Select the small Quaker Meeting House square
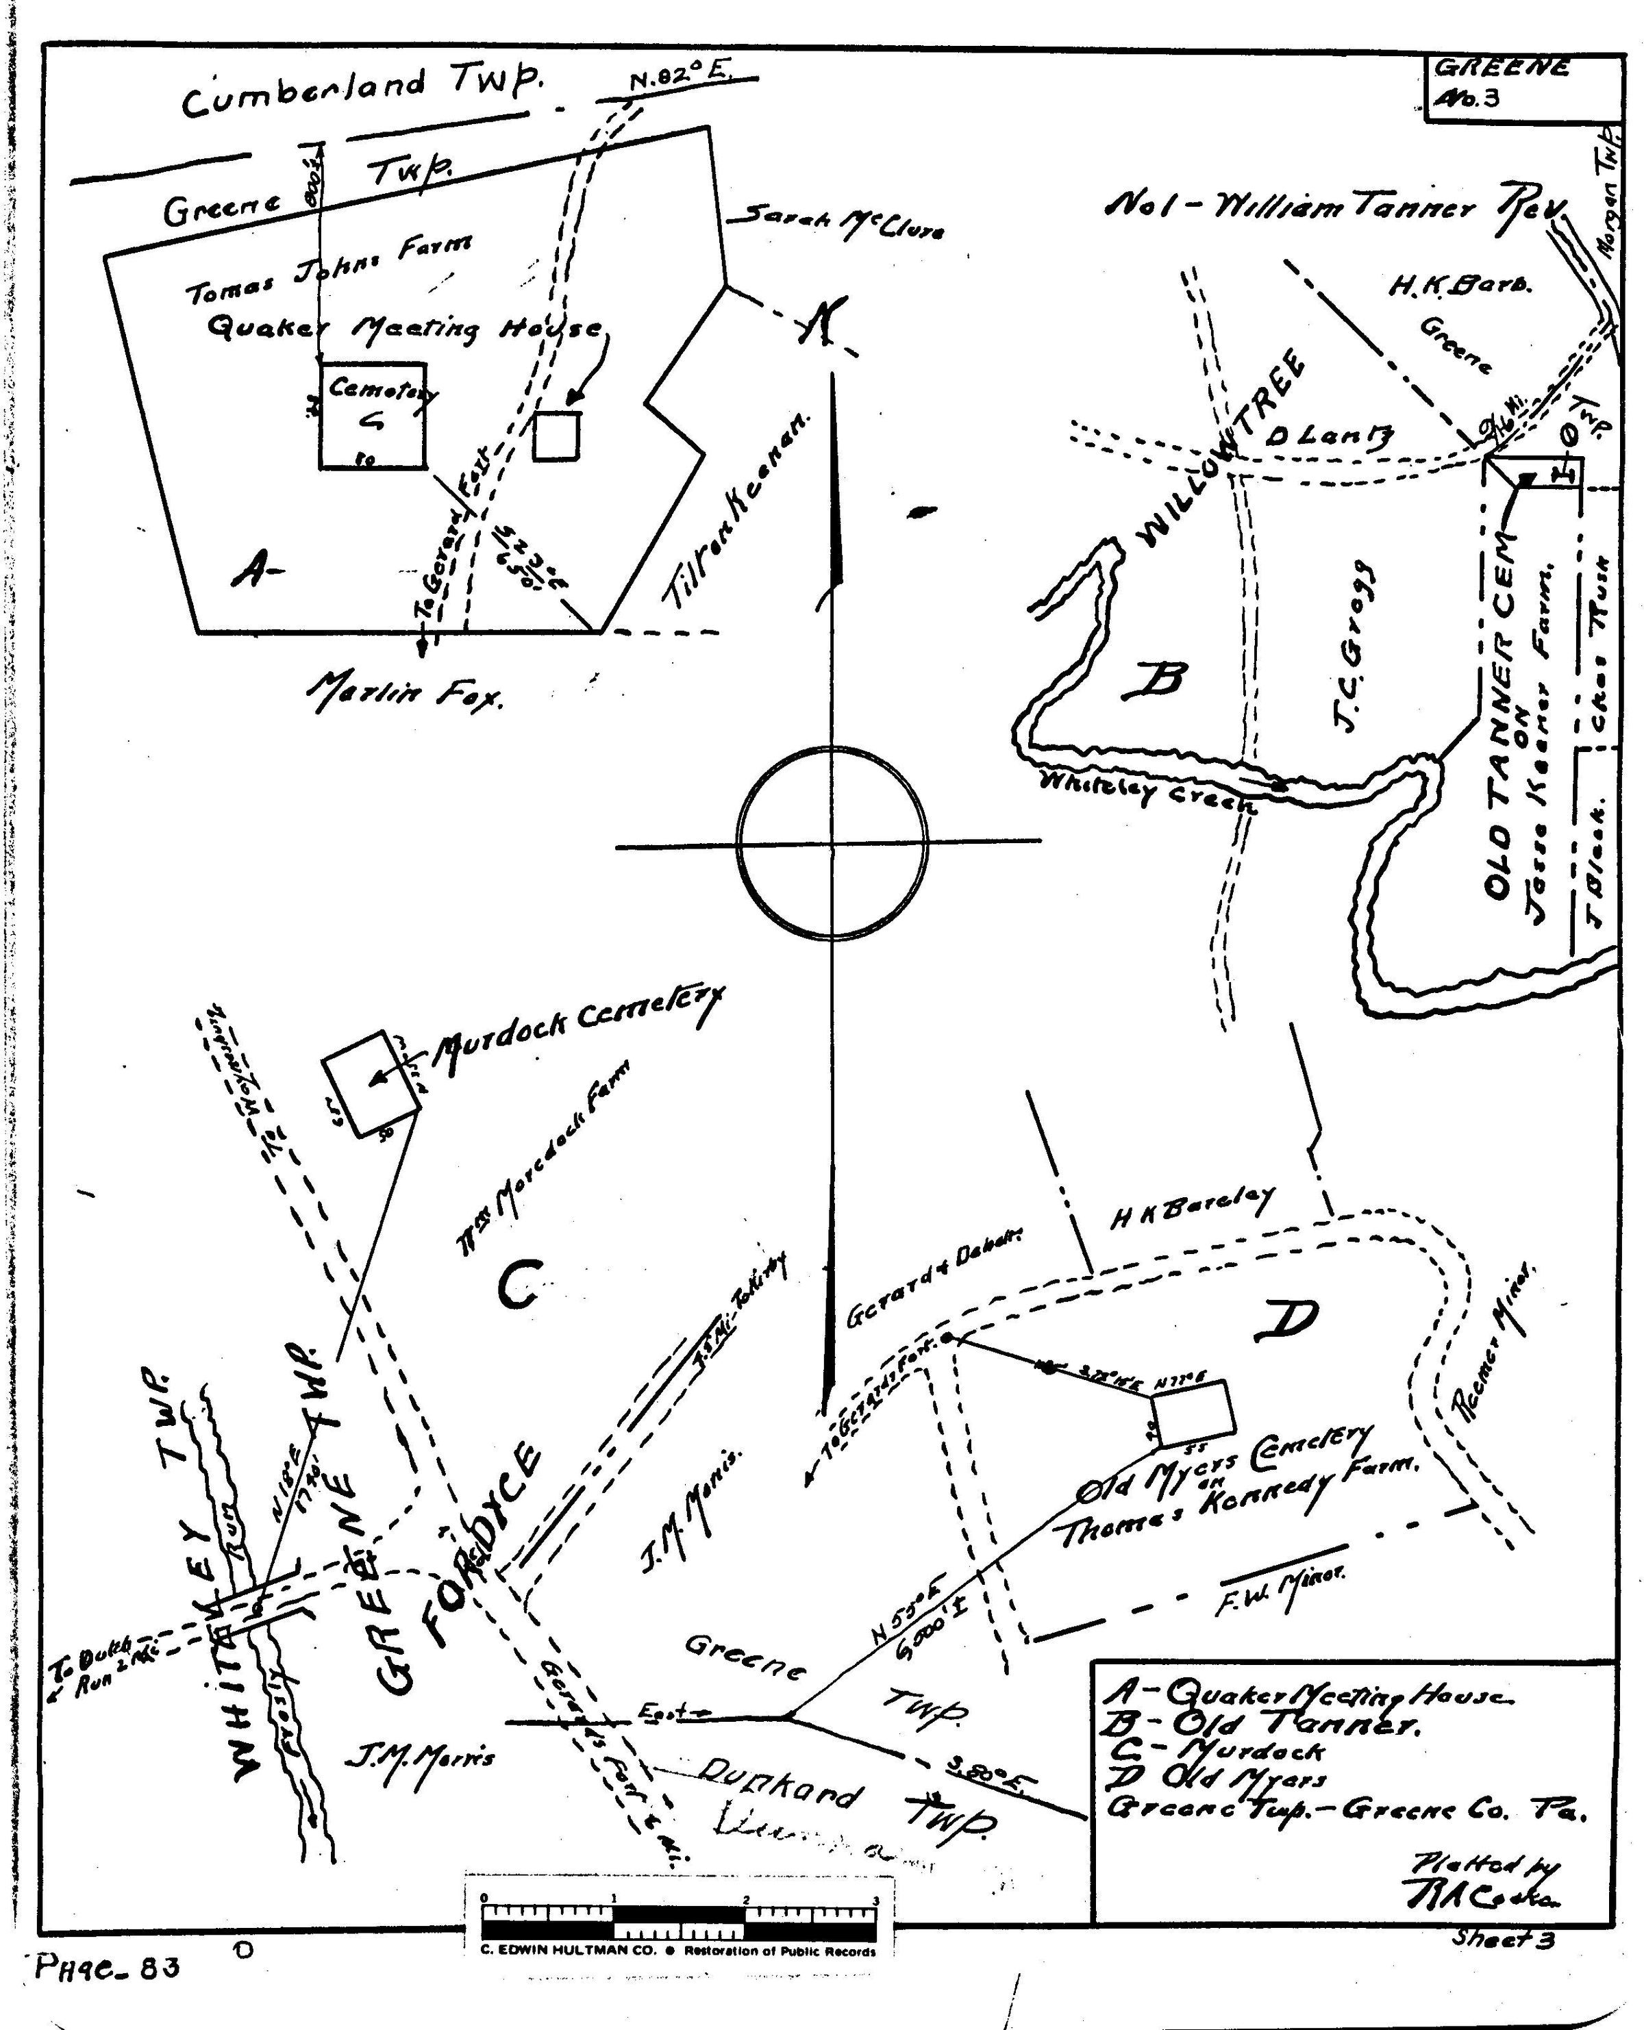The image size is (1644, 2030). tap(556, 436)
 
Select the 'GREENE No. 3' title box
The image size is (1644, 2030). tap(1522, 86)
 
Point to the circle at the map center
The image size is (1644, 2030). tap(832, 842)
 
